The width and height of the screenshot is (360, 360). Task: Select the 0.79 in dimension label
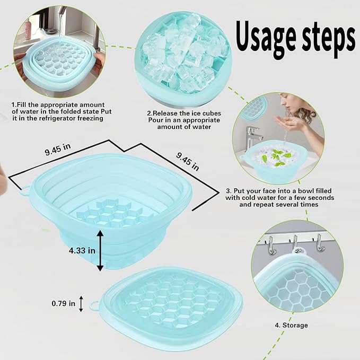[63, 304]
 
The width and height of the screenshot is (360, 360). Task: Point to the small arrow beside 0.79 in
[81, 304]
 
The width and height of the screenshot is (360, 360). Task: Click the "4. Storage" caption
[291, 325]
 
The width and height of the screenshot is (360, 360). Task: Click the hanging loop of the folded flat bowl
[95, 306]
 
